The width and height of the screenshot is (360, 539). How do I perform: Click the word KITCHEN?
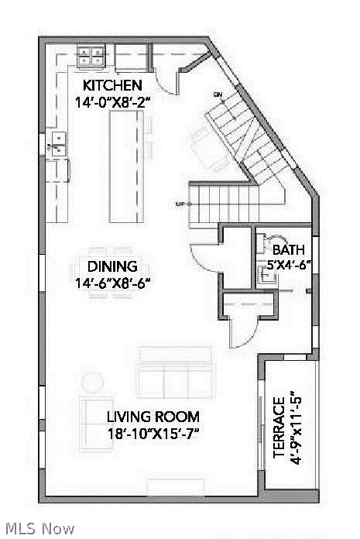[112, 85]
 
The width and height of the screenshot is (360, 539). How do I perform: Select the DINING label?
[112, 266]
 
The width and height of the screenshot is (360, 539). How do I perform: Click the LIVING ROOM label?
[153, 416]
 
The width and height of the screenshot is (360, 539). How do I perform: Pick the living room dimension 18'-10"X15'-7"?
[153, 433]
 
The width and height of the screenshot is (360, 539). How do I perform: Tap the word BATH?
[288, 250]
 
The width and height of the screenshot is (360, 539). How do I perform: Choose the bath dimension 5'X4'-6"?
[288, 264]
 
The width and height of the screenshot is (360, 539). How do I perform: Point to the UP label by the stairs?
[180, 204]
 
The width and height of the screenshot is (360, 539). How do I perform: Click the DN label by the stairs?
[218, 94]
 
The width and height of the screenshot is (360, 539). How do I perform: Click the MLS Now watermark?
[37, 529]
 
